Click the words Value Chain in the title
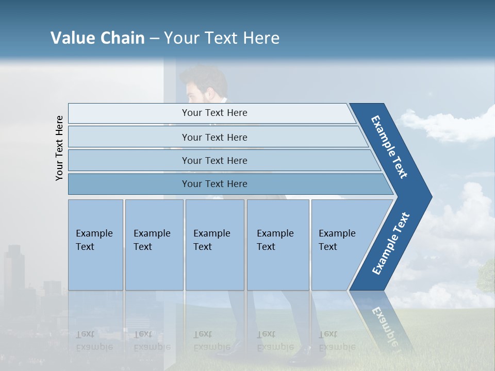[x=97, y=38]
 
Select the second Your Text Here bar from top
[x=214, y=137]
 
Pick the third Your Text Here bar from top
[x=214, y=160]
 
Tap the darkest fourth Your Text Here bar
[x=214, y=184]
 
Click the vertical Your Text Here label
[x=59, y=148]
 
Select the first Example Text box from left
[x=95, y=245]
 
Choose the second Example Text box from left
[x=154, y=245]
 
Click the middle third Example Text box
[x=214, y=245]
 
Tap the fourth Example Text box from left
[x=277, y=245]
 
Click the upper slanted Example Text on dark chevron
[x=390, y=147]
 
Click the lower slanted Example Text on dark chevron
[x=391, y=244]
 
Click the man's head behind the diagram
[x=204, y=85]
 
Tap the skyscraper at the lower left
[x=14, y=268]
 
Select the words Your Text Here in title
[x=222, y=38]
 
